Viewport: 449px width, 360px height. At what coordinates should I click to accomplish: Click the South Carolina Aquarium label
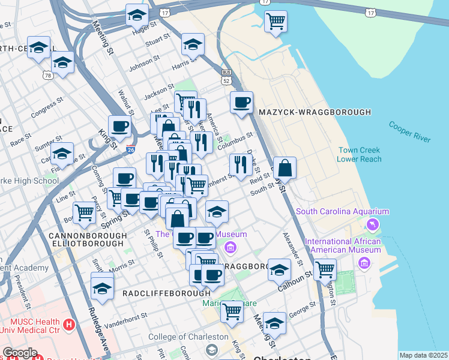pyautogui.click(x=342, y=212)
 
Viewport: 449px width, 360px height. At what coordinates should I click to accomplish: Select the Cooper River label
pyautogui.click(x=409, y=132)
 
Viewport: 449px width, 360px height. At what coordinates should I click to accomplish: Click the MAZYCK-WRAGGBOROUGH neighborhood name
pyautogui.click(x=315, y=112)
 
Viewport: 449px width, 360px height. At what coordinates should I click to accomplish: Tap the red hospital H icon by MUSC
pyautogui.click(x=69, y=325)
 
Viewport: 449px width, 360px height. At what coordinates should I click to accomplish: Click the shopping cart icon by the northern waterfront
pyautogui.click(x=276, y=22)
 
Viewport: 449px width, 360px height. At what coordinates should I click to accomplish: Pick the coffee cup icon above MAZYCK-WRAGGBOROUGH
pyautogui.click(x=241, y=103)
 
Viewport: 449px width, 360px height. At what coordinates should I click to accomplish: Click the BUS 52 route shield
pyautogui.click(x=226, y=76)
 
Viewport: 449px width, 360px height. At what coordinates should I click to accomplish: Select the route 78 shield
pyautogui.click(x=47, y=75)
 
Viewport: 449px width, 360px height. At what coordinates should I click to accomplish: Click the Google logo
pyautogui.click(x=20, y=352)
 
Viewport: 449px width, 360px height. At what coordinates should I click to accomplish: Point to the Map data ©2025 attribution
pyautogui.click(x=423, y=355)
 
